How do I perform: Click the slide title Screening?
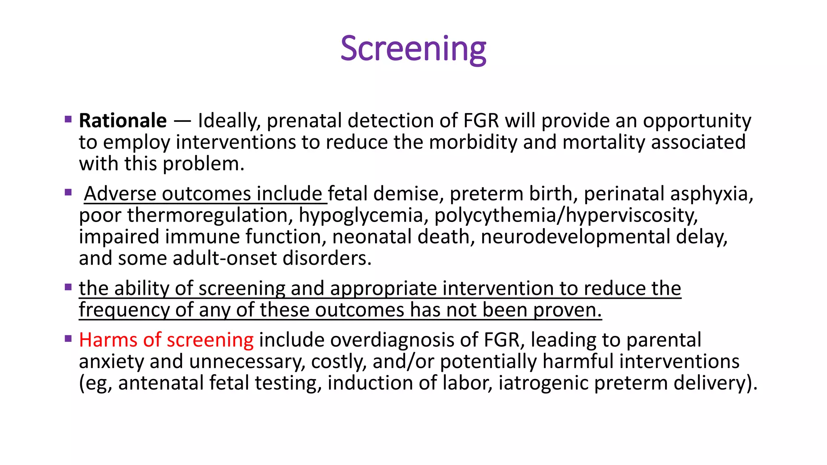point(413,49)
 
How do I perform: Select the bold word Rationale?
point(123,121)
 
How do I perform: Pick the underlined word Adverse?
point(120,194)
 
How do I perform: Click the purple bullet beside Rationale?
point(68,119)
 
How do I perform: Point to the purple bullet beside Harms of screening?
point(68,339)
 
